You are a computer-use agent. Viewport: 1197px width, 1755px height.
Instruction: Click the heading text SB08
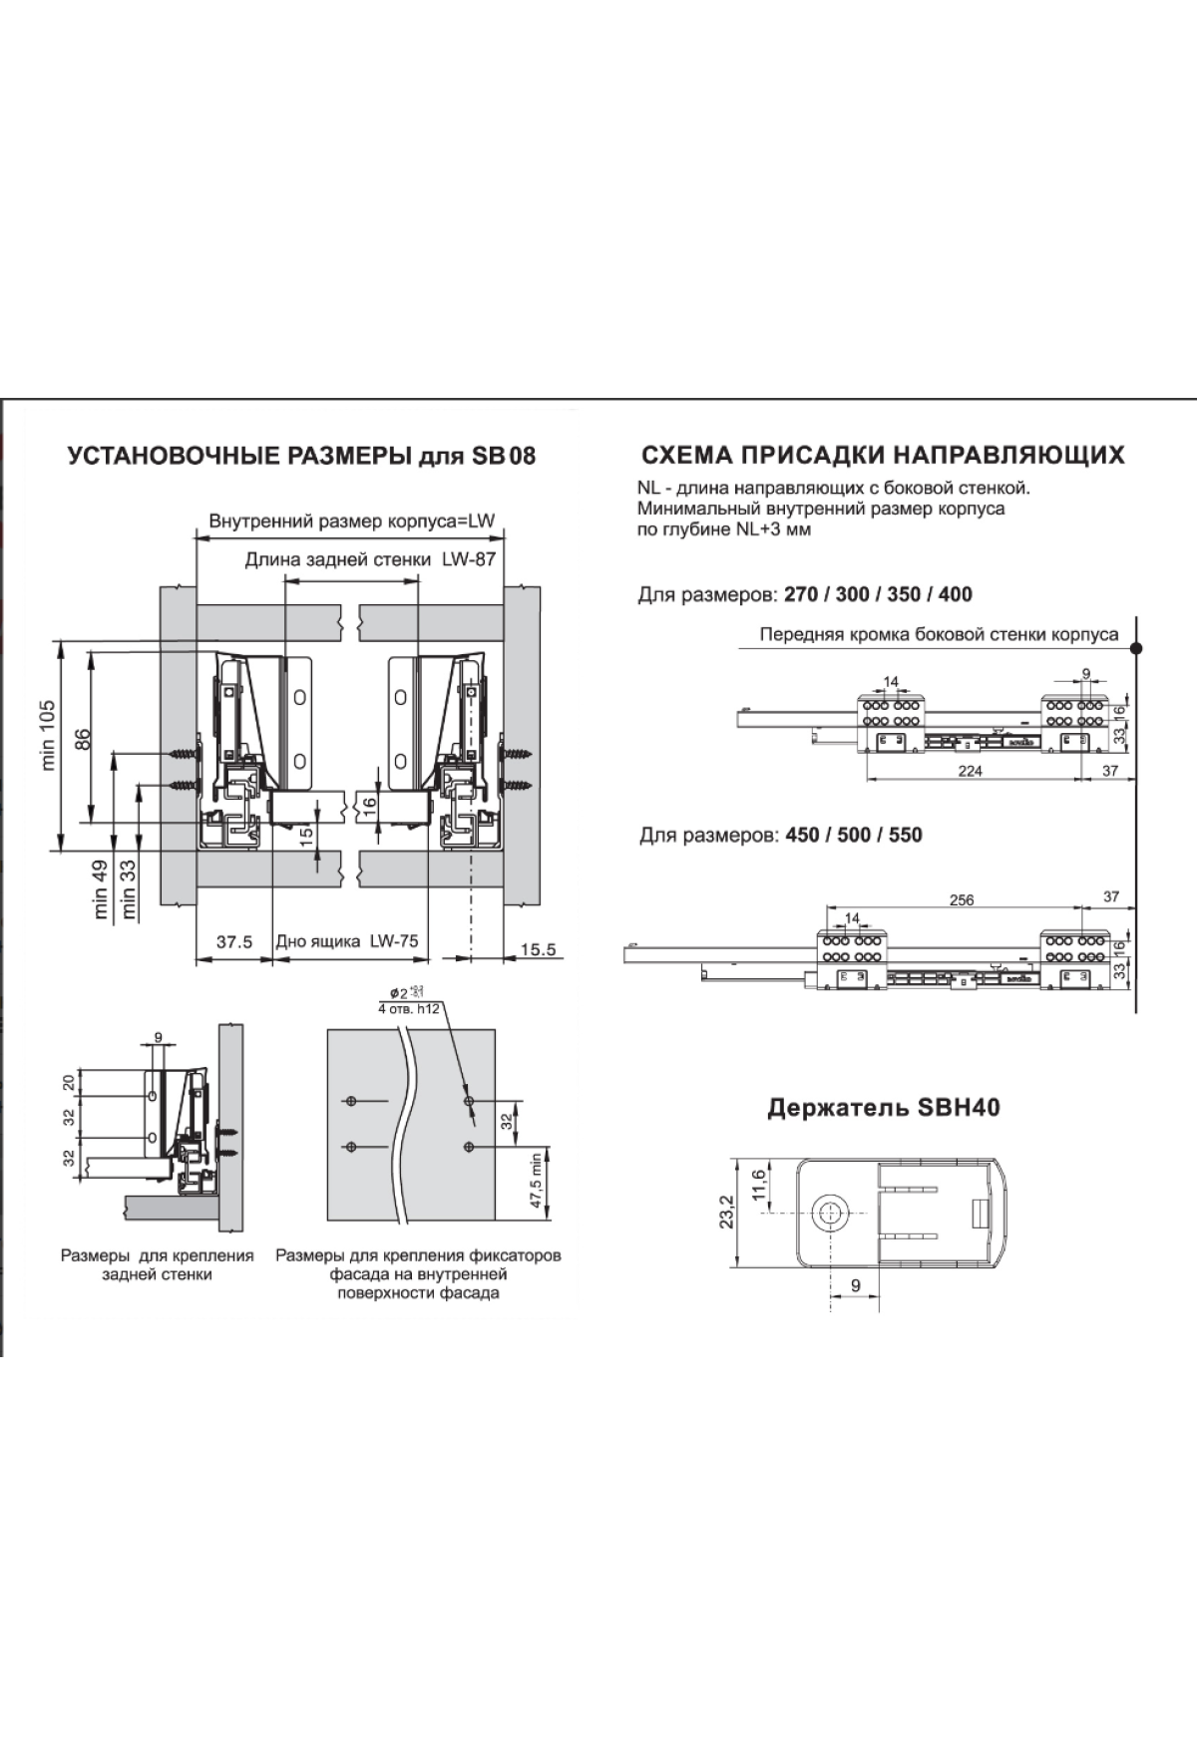[x=504, y=456]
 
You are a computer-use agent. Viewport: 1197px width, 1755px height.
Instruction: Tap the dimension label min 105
[x=49, y=735]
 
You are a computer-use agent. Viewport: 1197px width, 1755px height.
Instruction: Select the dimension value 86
[x=84, y=739]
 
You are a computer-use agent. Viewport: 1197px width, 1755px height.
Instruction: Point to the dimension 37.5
[x=233, y=941]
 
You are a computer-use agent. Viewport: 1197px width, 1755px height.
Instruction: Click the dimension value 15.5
[x=538, y=949]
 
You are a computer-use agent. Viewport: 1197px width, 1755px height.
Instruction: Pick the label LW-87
[x=469, y=559]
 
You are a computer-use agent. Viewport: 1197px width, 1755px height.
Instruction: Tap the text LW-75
[x=394, y=941]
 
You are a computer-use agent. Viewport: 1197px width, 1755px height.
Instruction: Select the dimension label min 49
[x=101, y=889]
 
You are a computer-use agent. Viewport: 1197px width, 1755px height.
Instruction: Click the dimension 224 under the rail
[x=970, y=771]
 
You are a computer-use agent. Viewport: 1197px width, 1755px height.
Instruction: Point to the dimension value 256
[x=961, y=899]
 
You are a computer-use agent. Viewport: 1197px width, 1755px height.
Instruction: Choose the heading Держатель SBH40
[x=883, y=1107]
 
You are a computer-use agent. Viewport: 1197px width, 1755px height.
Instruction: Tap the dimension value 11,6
[x=760, y=1186]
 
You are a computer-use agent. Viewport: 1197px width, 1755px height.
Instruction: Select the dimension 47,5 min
[x=536, y=1181]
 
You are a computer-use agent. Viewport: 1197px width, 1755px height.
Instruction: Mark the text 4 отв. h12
[x=410, y=1008]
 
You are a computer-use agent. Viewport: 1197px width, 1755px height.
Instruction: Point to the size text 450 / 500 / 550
[x=854, y=835]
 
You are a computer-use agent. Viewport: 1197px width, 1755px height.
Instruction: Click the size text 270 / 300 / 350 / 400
[x=878, y=595]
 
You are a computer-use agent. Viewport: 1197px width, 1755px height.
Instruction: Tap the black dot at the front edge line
[x=1135, y=648]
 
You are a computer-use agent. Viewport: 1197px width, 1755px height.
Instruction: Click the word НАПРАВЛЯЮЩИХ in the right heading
[x=1007, y=456]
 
